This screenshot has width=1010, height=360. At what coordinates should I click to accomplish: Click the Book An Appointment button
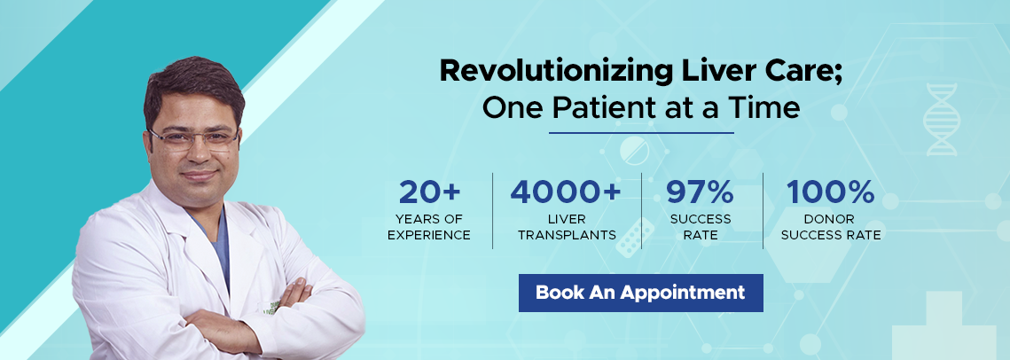click(x=640, y=293)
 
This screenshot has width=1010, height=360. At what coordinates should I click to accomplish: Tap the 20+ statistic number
click(x=428, y=192)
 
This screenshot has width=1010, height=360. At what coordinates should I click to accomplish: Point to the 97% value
click(x=701, y=192)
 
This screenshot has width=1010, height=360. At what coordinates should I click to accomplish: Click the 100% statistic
click(x=831, y=192)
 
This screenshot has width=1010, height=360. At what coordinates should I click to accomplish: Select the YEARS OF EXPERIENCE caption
click(x=428, y=227)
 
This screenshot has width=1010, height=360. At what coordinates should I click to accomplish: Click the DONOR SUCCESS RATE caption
click(x=831, y=227)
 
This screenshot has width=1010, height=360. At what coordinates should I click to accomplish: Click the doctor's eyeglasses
click(x=192, y=139)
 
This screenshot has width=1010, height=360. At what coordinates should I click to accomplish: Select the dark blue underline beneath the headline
click(x=640, y=133)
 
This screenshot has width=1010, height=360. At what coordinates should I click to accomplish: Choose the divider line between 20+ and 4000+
click(x=493, y=210)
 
